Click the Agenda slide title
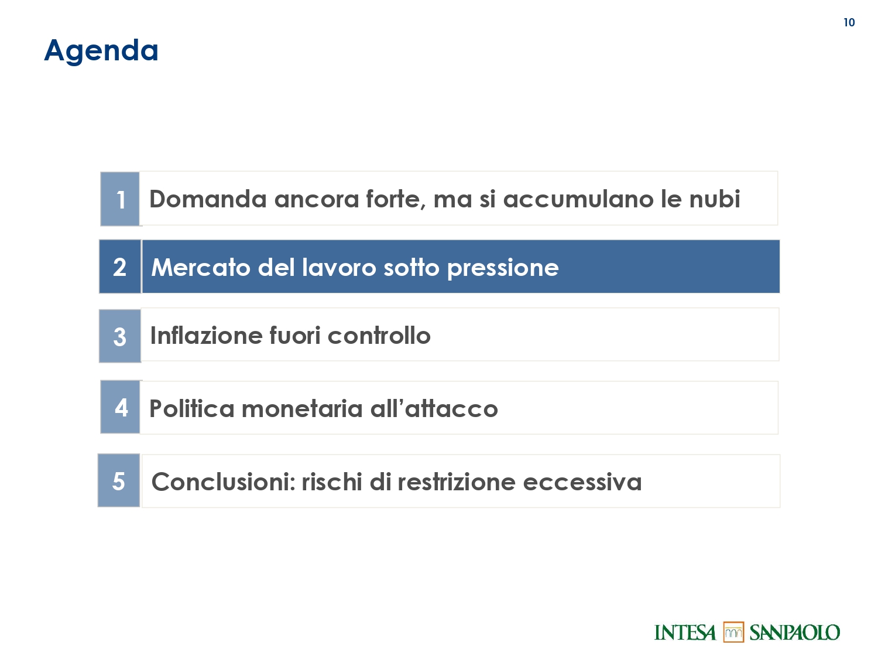tap(101, 51)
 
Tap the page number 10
tap(849, 22)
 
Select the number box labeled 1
tap(120, 199)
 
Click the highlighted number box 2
tap(120, 267)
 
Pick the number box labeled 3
tap(120, 336)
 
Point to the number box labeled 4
tap(121, 407)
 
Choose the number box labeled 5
tap(119, 480)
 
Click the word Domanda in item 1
tap(208, 199)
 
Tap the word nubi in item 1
tap(715, 199)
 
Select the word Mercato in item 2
tap(201, 267)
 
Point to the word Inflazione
tap(206, 335)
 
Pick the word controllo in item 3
tap(379, 335)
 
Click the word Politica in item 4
tap(192, 408)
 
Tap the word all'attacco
tap(434, 408)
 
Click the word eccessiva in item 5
tap(582, 482)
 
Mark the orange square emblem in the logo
tap(733, 632)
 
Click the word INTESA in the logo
tap(685, 633)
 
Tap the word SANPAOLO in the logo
tap(795, 633)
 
